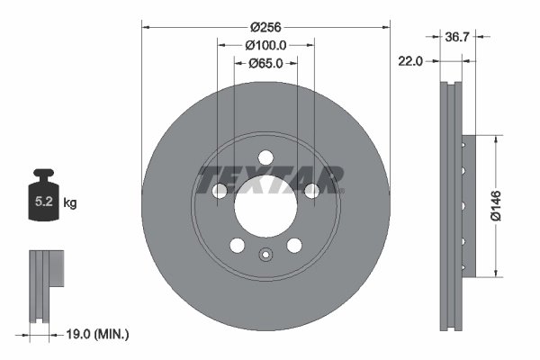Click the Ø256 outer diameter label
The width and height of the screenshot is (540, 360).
pos(265,27)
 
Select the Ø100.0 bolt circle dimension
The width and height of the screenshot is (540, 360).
pos(265,44)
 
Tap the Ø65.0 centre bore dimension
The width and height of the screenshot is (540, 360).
pos(265,63)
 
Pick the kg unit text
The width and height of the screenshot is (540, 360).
pos(70,203)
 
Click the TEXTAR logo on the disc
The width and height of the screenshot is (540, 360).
pos(270,178)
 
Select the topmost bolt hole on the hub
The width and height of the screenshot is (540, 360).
pos(265,155)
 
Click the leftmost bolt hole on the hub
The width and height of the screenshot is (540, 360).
pos(220,190)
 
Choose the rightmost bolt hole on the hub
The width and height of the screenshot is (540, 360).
pos(311,190)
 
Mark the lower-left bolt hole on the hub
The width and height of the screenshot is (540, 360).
pos(237,246)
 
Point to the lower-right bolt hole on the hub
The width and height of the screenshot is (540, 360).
pos(294,246)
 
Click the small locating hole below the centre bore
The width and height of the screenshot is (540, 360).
pos(265,254)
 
